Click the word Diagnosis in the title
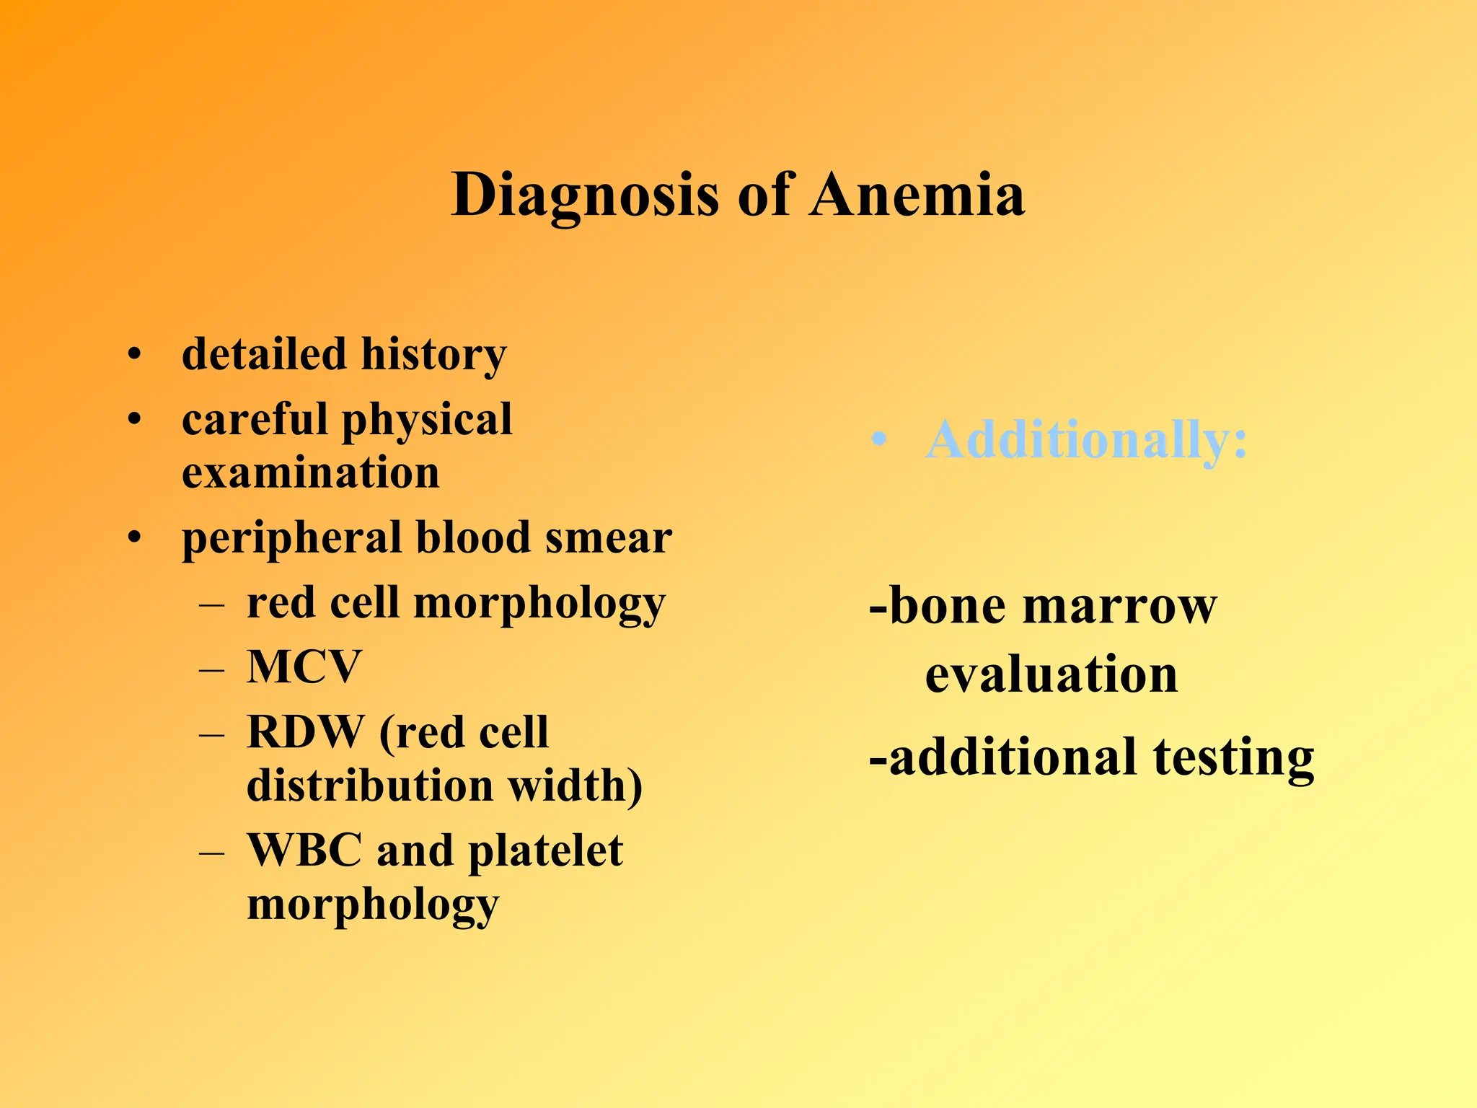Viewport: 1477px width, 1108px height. click(x=585, y=195)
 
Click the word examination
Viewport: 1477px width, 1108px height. click(x=310, y=473)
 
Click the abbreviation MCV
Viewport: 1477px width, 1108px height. click(x=304, y=667)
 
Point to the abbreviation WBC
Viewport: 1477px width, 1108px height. click(x=304, y=850)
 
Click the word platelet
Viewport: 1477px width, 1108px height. click(x=545, y=851)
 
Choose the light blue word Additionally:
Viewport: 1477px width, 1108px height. click(x=1086, y=439)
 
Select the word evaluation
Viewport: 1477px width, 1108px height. click(x=1051, y=674)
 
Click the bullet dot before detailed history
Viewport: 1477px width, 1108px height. click(x=134, y=355)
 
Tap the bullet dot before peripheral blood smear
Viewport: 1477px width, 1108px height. click(x=134, y=538)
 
